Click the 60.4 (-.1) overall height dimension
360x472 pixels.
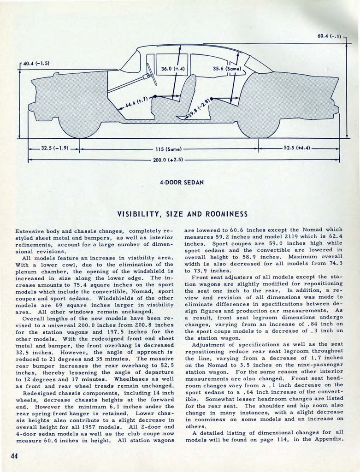[x=329, y=36]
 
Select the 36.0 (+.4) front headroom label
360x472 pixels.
[x=173, y=69]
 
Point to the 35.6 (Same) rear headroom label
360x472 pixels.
[x=224, y=69]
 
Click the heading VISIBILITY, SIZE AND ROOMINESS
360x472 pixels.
[x=182, y=214]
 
